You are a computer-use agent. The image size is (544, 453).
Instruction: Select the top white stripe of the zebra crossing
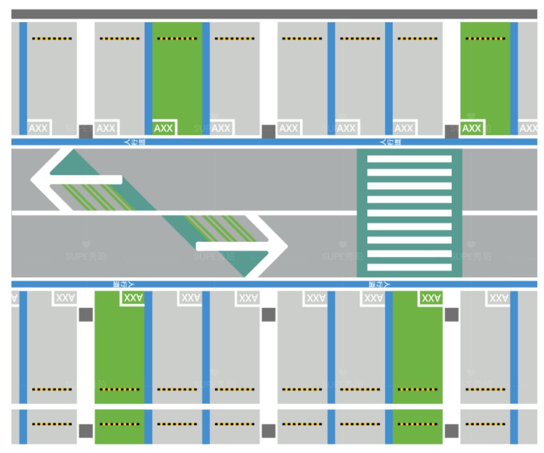point(409,159)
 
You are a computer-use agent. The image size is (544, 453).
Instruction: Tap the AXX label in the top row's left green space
point(164,128)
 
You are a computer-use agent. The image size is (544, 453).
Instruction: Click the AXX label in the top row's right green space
point(472,128)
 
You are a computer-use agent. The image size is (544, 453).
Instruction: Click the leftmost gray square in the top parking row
point(86,131)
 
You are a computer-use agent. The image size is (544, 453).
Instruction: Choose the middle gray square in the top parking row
point(268,131)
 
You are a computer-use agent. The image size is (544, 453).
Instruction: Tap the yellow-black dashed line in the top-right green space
point(485,38)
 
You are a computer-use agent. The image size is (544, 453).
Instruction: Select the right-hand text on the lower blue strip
point(378,284)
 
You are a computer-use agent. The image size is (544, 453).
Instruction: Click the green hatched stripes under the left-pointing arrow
point(96,197)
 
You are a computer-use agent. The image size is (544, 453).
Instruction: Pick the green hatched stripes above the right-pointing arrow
point(217,227)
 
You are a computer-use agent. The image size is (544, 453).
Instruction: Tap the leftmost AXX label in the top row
point(38,128)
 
